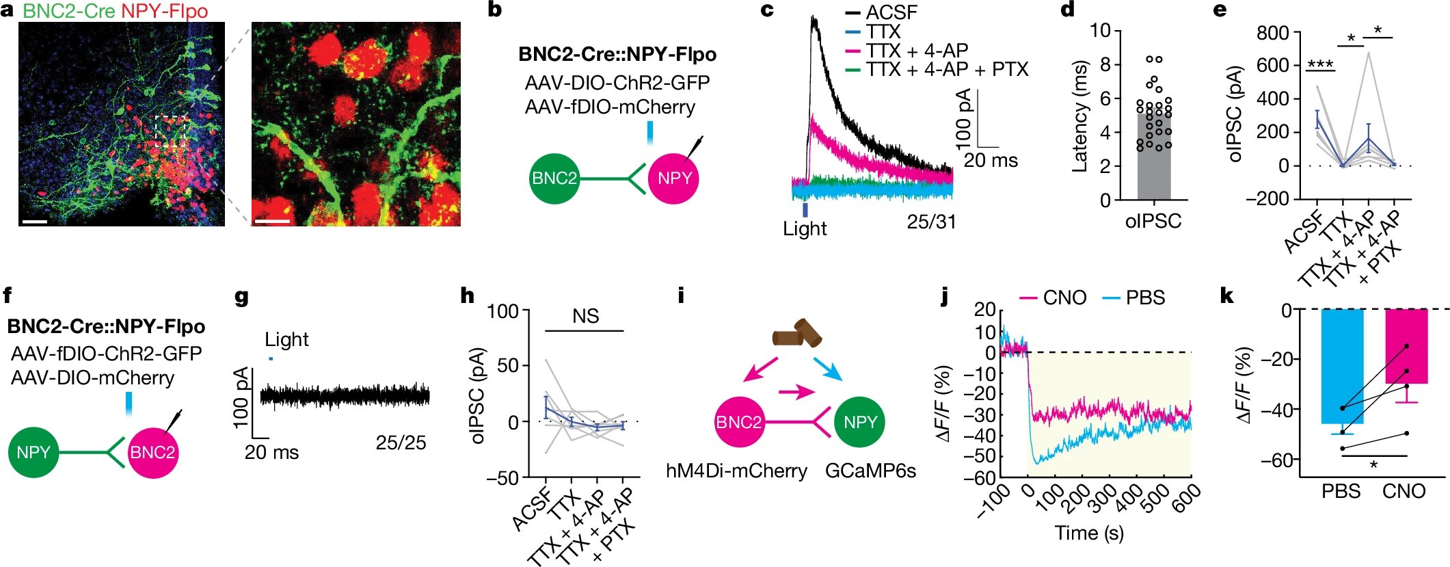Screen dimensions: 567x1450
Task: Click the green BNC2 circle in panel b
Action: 554,179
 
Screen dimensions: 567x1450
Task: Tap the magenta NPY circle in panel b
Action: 673,179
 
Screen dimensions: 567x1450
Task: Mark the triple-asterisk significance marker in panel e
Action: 1320,65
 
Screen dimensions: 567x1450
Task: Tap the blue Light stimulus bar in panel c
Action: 805,209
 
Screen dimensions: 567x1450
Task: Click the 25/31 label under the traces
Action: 931,222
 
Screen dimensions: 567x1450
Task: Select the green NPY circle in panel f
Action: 33,452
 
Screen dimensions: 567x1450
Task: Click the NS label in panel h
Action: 586,316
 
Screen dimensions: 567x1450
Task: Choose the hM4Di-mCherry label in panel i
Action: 736,471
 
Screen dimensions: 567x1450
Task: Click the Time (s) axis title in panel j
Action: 1089,533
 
